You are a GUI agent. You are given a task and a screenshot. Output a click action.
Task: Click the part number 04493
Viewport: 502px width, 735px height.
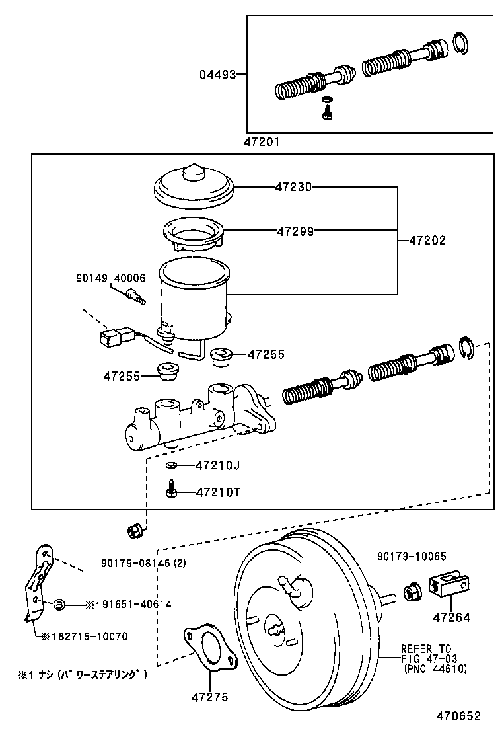coord(217,75)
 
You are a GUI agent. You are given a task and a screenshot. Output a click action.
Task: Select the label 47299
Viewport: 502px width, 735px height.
coord(295,231)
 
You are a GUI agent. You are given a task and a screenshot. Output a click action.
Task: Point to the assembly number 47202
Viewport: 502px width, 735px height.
coord(427,241)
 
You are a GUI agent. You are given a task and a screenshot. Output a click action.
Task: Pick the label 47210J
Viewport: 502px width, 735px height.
coord(217,465)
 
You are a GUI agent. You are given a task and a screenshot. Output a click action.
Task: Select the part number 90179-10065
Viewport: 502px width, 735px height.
coord(412,557)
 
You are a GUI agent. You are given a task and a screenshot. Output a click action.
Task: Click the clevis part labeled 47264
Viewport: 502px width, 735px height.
coord(450,585)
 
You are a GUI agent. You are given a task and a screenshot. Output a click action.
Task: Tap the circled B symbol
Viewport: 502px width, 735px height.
coord(58,603)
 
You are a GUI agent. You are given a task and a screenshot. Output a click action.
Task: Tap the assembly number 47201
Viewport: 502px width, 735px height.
coord(262,142)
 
